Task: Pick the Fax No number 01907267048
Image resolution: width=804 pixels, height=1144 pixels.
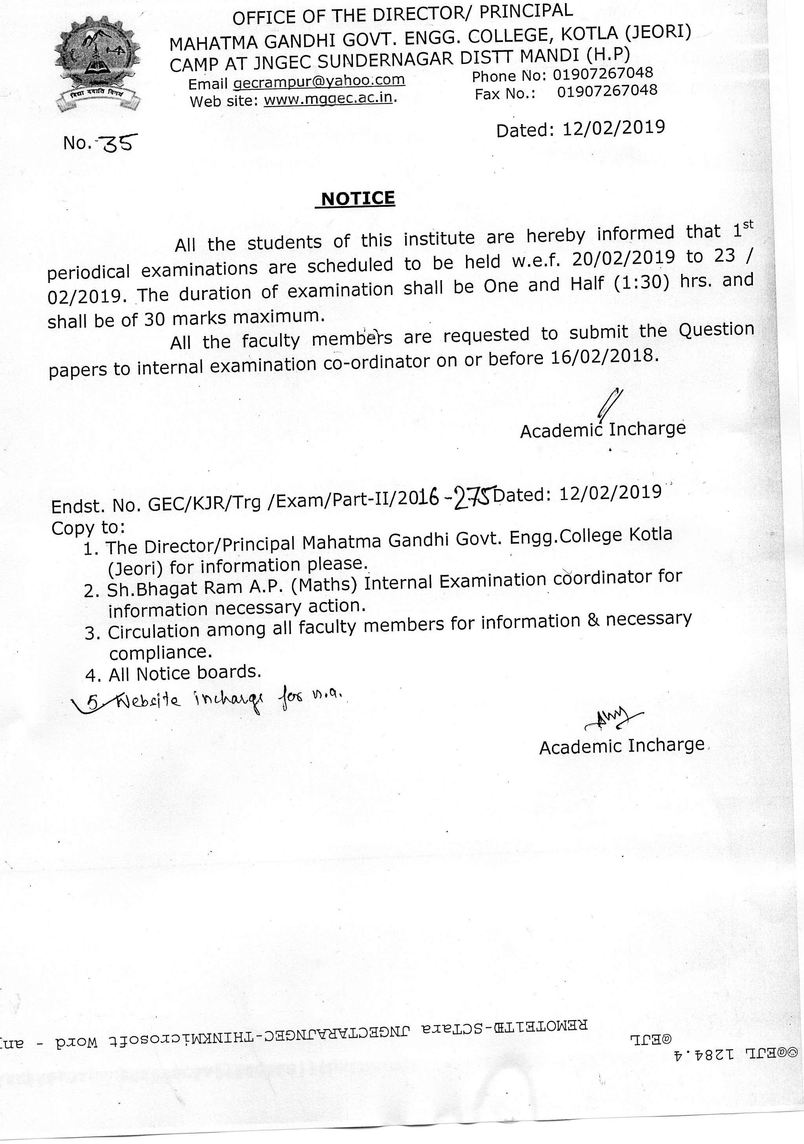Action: pyautogui.click(x=607, y=91)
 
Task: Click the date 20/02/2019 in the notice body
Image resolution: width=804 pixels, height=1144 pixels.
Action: pyautogui.click(x=623, y=258)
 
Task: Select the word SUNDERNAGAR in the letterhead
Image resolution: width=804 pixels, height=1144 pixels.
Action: pyautogui.click(x=385, y=60)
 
